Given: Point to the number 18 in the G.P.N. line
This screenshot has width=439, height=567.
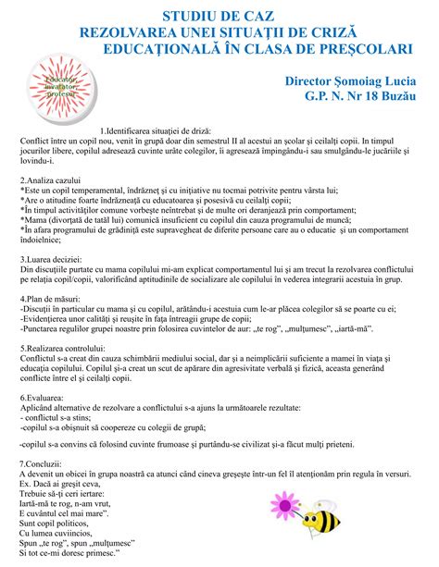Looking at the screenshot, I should (x=352, y=96).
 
